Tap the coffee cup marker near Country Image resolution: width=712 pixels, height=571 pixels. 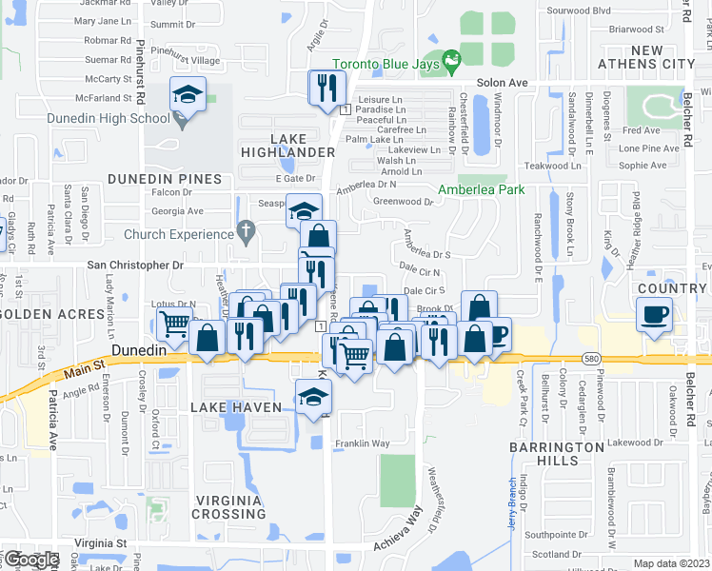(x=654, y=314)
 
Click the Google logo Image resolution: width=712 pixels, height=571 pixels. (x=31, y=560)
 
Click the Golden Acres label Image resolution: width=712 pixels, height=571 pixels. (x=51, y=314)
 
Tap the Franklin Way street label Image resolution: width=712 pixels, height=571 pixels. (x=362, y=443)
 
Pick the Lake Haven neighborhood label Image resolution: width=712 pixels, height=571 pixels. (x=236, y=407)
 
